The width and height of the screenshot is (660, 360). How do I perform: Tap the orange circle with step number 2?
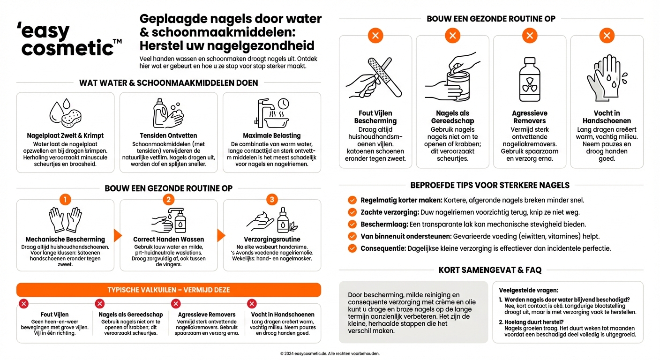169,200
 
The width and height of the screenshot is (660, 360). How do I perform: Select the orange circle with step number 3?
272,200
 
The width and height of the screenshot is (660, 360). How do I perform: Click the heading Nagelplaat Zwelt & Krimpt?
65,135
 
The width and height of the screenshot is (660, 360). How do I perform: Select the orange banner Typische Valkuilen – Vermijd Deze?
169,290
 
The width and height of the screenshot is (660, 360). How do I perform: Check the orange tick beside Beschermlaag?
352,224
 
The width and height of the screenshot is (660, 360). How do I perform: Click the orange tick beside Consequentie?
352,248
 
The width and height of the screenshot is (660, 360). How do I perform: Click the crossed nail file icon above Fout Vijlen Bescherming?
375,78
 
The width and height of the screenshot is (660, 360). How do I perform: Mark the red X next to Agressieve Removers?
176,304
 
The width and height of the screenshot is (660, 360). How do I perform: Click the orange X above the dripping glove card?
607,35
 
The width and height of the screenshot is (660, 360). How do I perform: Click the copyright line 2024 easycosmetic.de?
330,353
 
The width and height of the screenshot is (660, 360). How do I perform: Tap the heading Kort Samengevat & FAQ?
490,270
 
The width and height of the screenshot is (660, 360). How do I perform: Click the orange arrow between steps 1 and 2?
118,235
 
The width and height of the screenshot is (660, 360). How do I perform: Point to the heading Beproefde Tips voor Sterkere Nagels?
490,185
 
